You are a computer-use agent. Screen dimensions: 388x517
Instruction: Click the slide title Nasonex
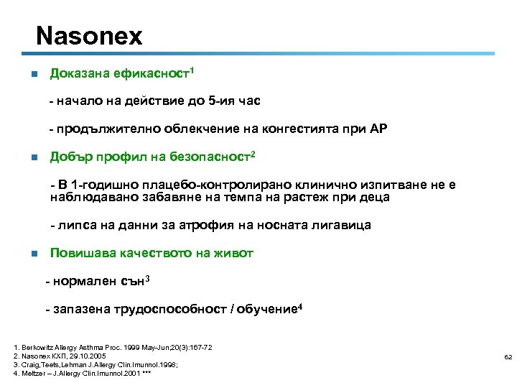89,35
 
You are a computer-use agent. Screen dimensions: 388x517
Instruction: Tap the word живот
235,253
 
